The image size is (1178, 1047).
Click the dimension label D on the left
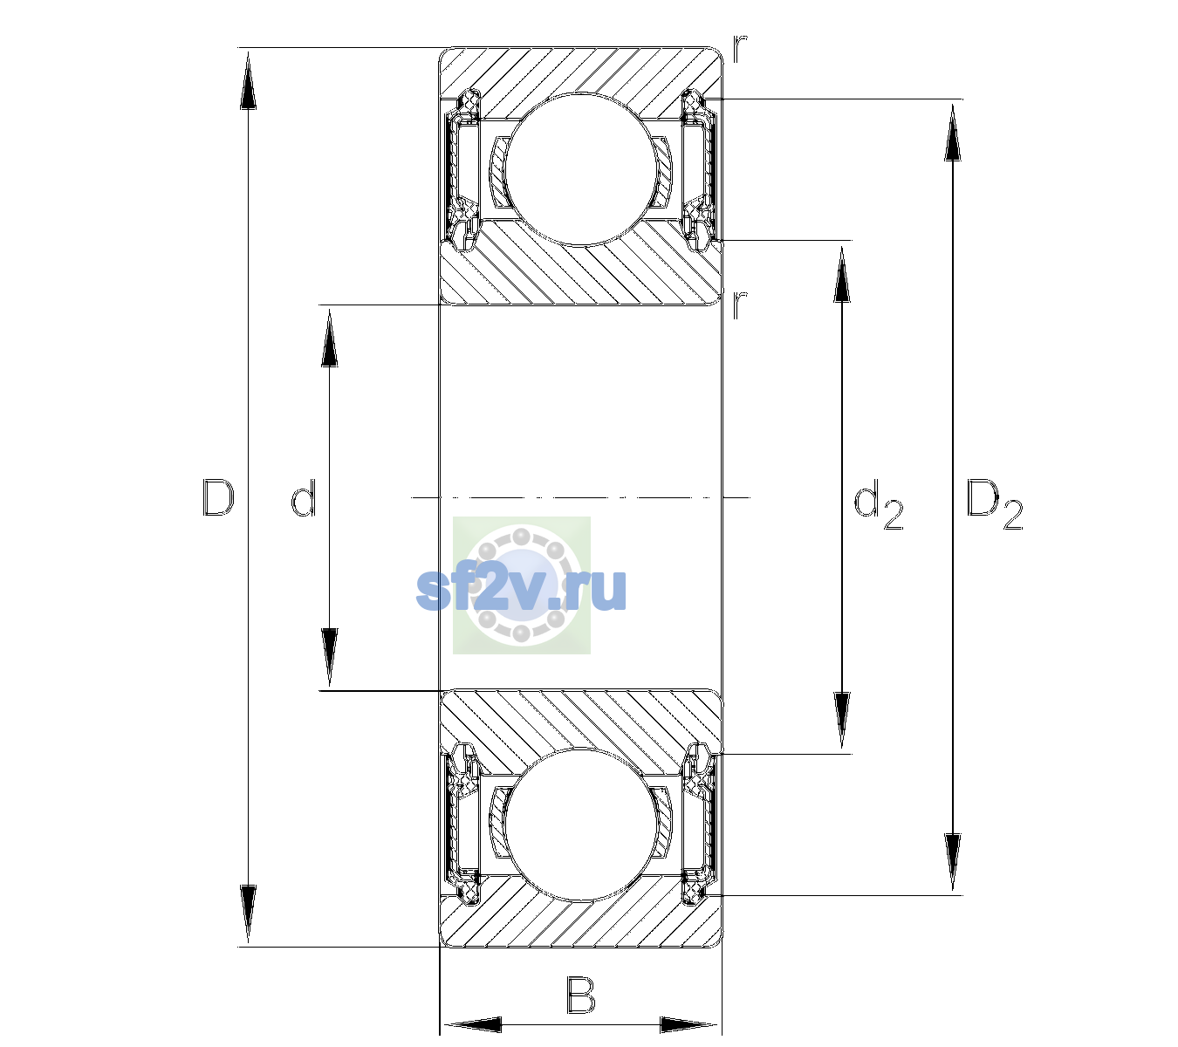pos(218,498)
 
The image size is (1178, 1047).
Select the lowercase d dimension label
pos(304,498)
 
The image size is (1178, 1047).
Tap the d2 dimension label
pos(878,504)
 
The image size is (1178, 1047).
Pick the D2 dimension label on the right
pos(994,504)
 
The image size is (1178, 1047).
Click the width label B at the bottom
pos(580,995)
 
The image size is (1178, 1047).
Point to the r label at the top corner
pos(740,49)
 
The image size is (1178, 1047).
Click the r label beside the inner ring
pos(739,305)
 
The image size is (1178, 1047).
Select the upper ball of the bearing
pos(581,169)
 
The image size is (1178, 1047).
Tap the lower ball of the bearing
pos(581,825)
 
